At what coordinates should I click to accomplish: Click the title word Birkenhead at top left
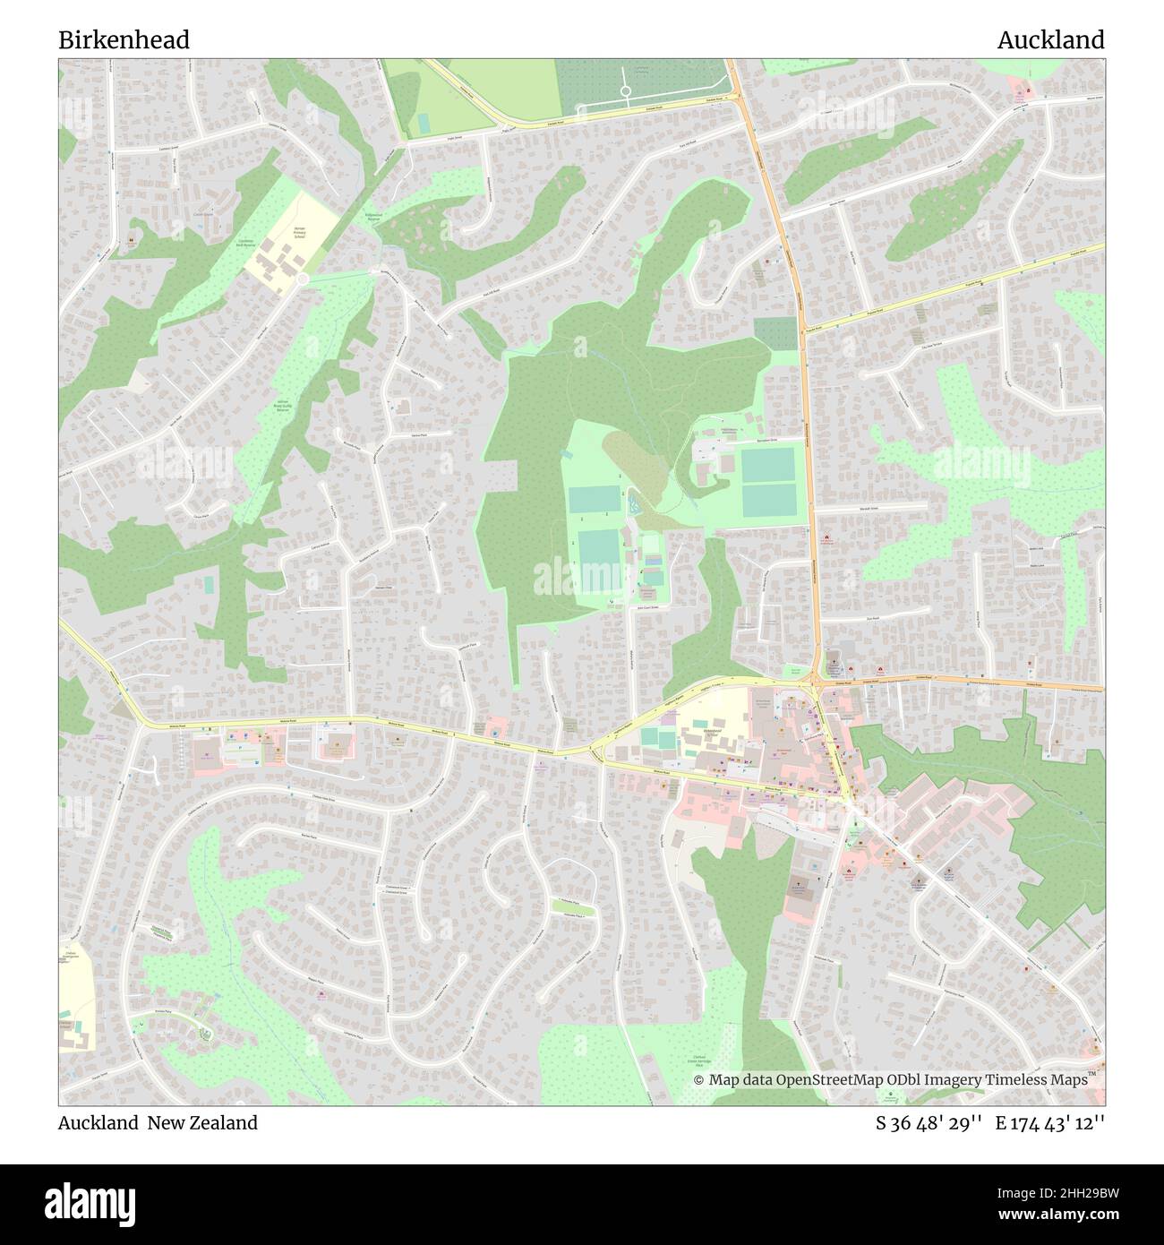pyautogui.click(x=124, y=40)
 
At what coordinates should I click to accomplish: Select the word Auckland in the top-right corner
pyautogui.click(x=1050, y=40)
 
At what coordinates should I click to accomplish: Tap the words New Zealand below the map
pyautogui.click(x=216, y=1122)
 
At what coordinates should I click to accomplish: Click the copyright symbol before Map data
pyautogui.click(x=699, y=1080)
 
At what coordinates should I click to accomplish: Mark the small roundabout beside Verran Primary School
pyautogui.click(x=303, y=279)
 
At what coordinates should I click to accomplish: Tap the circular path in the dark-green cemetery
pyautogui.click(x=625, y=91)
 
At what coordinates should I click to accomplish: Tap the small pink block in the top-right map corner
pyautogui.click(x=1019, y=86)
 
